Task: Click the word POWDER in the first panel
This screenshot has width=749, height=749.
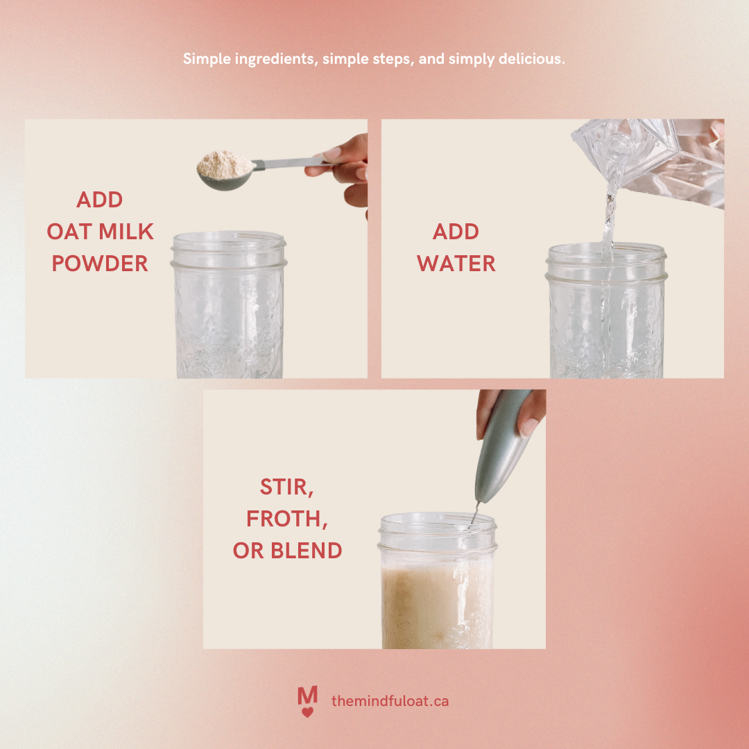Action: (100, 264)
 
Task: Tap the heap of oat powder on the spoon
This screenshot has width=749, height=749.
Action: (224, 165)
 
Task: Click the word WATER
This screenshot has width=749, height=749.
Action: (456, 264)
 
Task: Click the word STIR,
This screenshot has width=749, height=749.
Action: (287, 487)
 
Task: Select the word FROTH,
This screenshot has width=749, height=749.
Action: (287, 519)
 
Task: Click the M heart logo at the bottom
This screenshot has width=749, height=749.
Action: (307, 701)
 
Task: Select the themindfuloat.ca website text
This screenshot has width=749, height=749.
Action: (390, 701)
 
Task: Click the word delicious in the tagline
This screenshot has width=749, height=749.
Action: (531, 60)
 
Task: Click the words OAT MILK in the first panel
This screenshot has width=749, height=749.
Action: (100, 232)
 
